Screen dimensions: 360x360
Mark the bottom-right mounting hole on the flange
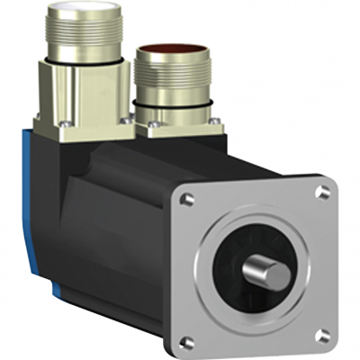[x=320, y=335]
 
